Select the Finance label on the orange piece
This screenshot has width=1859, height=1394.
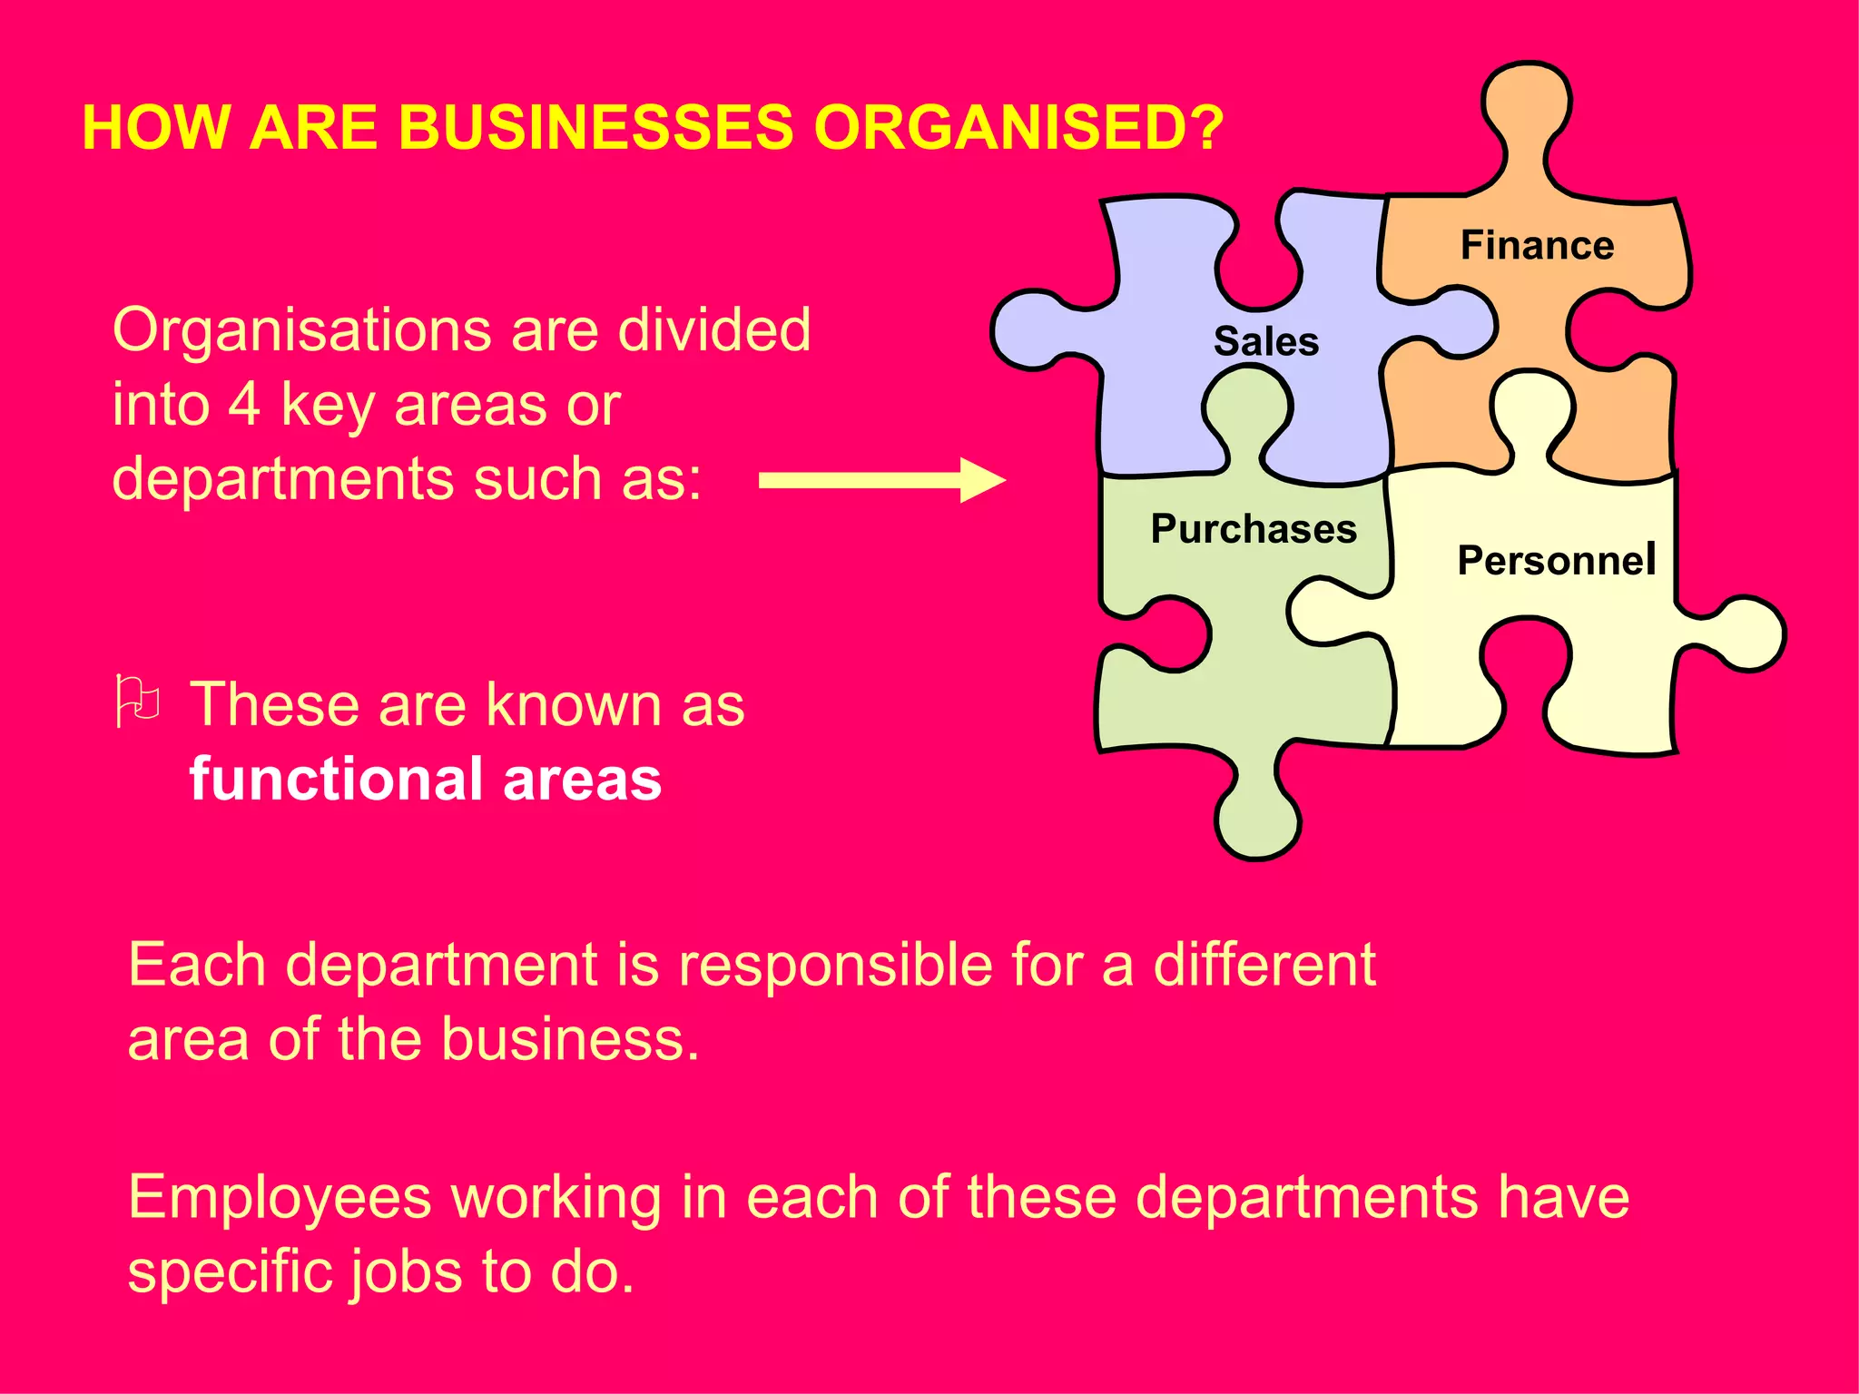click(1537, 246)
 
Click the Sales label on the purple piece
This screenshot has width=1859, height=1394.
click(1265, 342)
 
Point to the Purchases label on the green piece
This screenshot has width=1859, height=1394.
click(1254, 529)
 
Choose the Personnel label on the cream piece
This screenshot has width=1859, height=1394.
click(1556, 561)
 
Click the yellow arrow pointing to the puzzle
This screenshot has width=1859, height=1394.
click(880, 480)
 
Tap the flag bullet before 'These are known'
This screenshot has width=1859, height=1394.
click(138, 701)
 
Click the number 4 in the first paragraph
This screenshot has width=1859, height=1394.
click(244, 405)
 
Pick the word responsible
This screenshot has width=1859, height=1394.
click(835, 965)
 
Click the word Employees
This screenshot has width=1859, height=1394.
click(280, 1198)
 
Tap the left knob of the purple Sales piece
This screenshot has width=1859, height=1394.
click(1030, 330)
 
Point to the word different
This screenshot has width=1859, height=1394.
click(1264, 965)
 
